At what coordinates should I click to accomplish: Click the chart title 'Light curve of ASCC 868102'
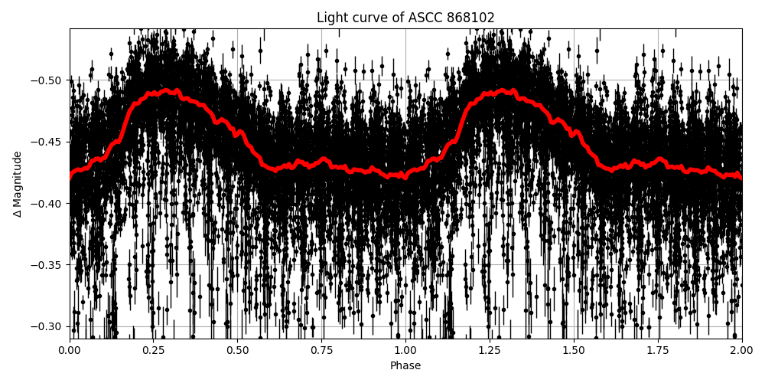click(405, 18)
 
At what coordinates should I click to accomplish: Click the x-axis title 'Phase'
click(405, 366)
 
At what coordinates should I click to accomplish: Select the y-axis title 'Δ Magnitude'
click(17, 184)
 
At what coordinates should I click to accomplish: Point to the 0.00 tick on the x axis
click(70, 351)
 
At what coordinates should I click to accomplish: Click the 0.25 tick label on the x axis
click(154, 351)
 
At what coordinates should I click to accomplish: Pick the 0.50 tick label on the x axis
click(237, 351)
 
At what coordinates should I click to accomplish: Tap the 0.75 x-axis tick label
click(321, 351)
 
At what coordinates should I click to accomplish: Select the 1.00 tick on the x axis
click(405, 351)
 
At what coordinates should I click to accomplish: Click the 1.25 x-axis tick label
click(490, 351)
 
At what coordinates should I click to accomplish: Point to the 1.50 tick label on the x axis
click(574, 351)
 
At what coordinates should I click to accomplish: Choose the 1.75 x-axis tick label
click(658, 351)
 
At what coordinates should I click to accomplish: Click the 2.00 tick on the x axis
click(741, 351)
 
